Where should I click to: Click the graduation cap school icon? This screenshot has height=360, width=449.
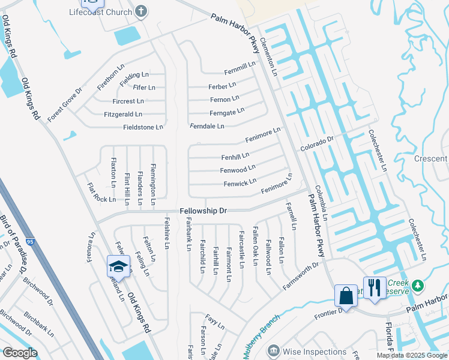point(118,266)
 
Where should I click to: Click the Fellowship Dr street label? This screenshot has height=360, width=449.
point(203,211)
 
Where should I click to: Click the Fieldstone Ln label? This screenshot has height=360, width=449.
point(143,127)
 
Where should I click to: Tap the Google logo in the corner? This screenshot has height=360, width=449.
point(20,353)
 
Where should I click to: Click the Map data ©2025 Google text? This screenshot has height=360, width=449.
point(412,355)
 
